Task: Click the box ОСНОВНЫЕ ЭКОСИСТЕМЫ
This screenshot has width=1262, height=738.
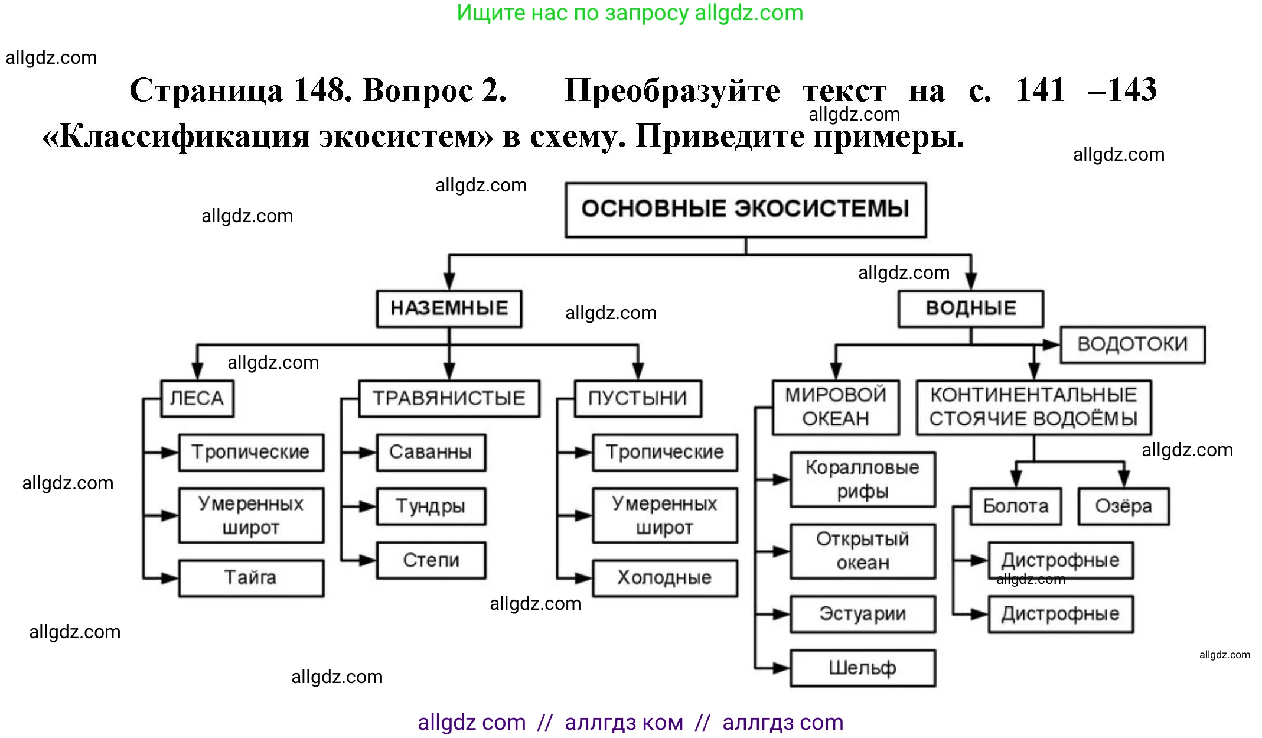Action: point(745,210)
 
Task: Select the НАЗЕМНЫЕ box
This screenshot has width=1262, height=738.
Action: point(449,308)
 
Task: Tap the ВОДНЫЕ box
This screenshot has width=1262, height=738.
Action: point(970,308)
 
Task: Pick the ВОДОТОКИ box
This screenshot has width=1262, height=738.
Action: point(1132,344)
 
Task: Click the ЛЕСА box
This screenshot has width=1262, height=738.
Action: point(197,399)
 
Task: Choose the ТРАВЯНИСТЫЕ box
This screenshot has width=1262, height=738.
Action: point(449,399)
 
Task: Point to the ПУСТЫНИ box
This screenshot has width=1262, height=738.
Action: point(637,399)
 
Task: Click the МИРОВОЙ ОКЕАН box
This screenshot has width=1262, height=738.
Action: point(835,407)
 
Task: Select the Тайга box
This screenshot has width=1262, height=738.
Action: point(250,578)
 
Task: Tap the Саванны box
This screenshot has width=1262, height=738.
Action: point(431,453)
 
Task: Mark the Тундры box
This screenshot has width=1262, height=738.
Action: point(431,506)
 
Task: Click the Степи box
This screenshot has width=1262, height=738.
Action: point(431,560)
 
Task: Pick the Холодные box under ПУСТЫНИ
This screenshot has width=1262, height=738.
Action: point(664,578)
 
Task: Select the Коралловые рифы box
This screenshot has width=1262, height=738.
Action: point(862,480)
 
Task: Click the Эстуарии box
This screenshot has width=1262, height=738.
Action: point(862,615)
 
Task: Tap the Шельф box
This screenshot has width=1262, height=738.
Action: point(862,668)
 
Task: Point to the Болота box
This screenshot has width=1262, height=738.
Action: point(1015,506)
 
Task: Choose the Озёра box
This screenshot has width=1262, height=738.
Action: point(1123,506)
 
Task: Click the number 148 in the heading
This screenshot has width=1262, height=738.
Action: point(322,90)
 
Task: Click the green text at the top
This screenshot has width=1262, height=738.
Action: point(630,13)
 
